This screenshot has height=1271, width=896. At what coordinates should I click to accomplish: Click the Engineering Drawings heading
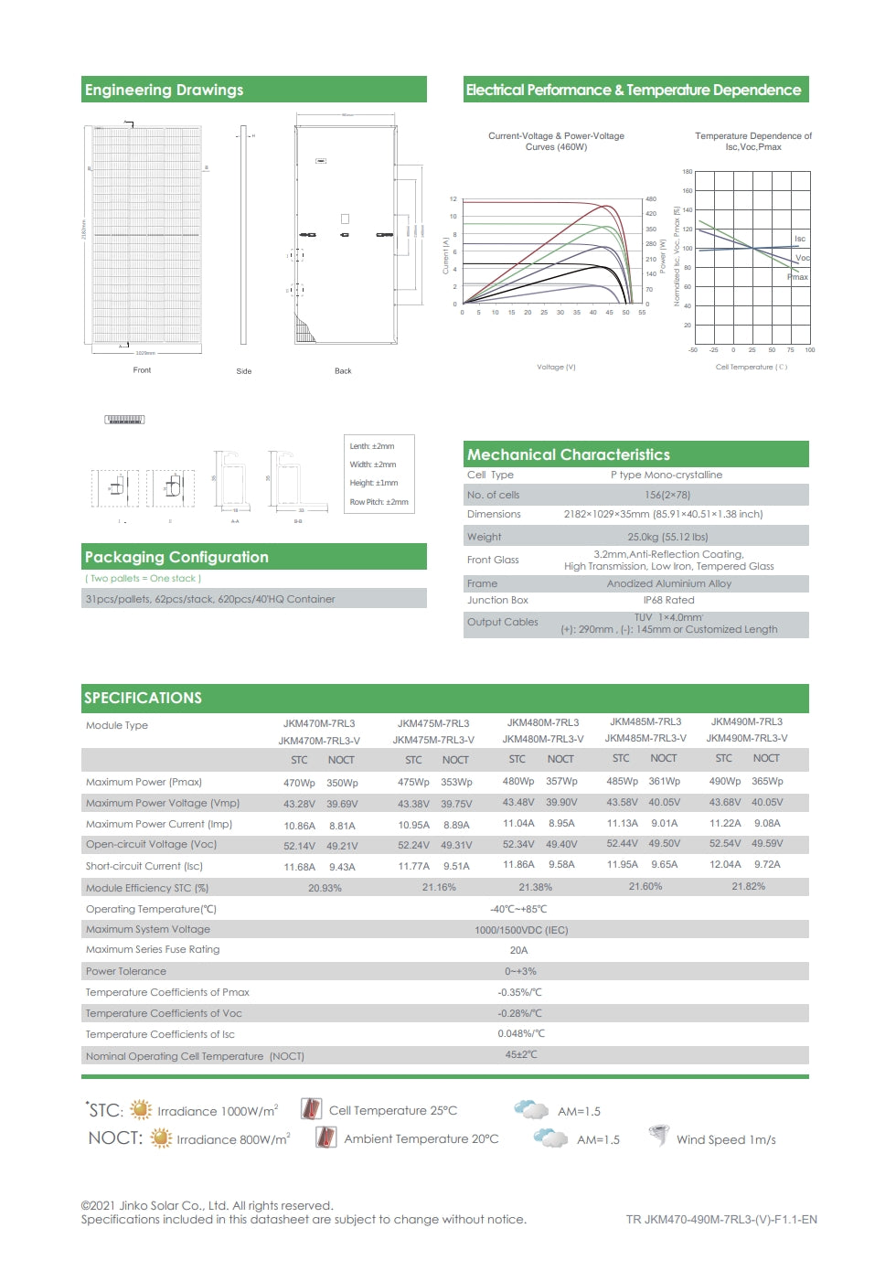pyautogui.click(x=165, y=90)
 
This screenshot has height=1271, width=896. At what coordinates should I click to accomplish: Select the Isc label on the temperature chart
pyautogui.click(x=800, y=239)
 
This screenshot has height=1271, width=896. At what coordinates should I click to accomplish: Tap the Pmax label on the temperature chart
pyautogui.click(x=798, y=276)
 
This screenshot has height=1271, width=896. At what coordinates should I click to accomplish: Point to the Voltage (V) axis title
pyautogui.click(x=556, y=367)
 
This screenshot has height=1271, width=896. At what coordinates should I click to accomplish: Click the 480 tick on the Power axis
pyautogui.click(x=651, y=198)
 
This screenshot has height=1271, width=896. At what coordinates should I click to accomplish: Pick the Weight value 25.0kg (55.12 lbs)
pyautogui.click(x=667, y=537)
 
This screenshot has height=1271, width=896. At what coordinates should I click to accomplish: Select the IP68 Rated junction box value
pyautogui.click(x=668, y=600)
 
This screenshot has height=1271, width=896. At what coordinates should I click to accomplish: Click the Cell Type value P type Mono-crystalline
pyautogui.click(x=667, y=475)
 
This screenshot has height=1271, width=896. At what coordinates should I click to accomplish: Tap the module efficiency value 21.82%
pyautogui.click(x=748, y=886)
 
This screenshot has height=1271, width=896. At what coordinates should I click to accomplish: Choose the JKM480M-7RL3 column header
pyautogui.click(x=543, y=722)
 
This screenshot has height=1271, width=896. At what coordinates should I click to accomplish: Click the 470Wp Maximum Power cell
pyautogui.click(x=299, y=783)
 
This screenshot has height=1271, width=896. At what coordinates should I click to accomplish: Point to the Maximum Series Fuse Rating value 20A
pyautogui.click(x=518, y=950)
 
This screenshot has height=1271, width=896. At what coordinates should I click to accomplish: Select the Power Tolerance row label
pyautogui.click(x=126, y=971)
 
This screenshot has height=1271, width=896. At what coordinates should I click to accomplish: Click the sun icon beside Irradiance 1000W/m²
pyautogui.click(x=141, y=1110)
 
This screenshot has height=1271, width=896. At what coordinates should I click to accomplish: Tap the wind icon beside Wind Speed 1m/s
pyautogui.click(x=658, y=1136)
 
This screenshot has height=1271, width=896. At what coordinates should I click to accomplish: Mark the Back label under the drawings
pyautogui.click(x=343, y=370)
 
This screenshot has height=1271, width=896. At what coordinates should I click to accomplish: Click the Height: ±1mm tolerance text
pyautogui.click(x=373, y=483)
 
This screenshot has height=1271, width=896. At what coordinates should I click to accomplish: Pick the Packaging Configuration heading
pyautogui.click(x=176, y=557)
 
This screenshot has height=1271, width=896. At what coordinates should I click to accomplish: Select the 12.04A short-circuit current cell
pyautogui.click(x=725, y=864)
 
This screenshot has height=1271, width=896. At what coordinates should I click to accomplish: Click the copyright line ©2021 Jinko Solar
pyautogui.click(x=207, y=1205)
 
